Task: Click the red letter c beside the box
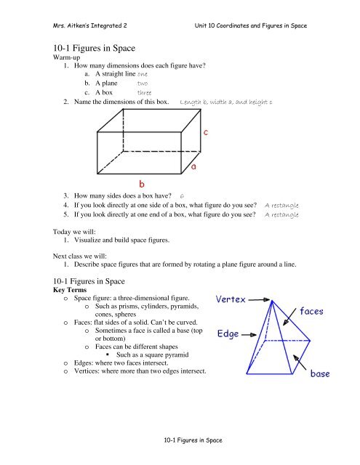207,133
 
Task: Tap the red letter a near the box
194,168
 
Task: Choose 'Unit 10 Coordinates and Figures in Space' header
247,25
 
